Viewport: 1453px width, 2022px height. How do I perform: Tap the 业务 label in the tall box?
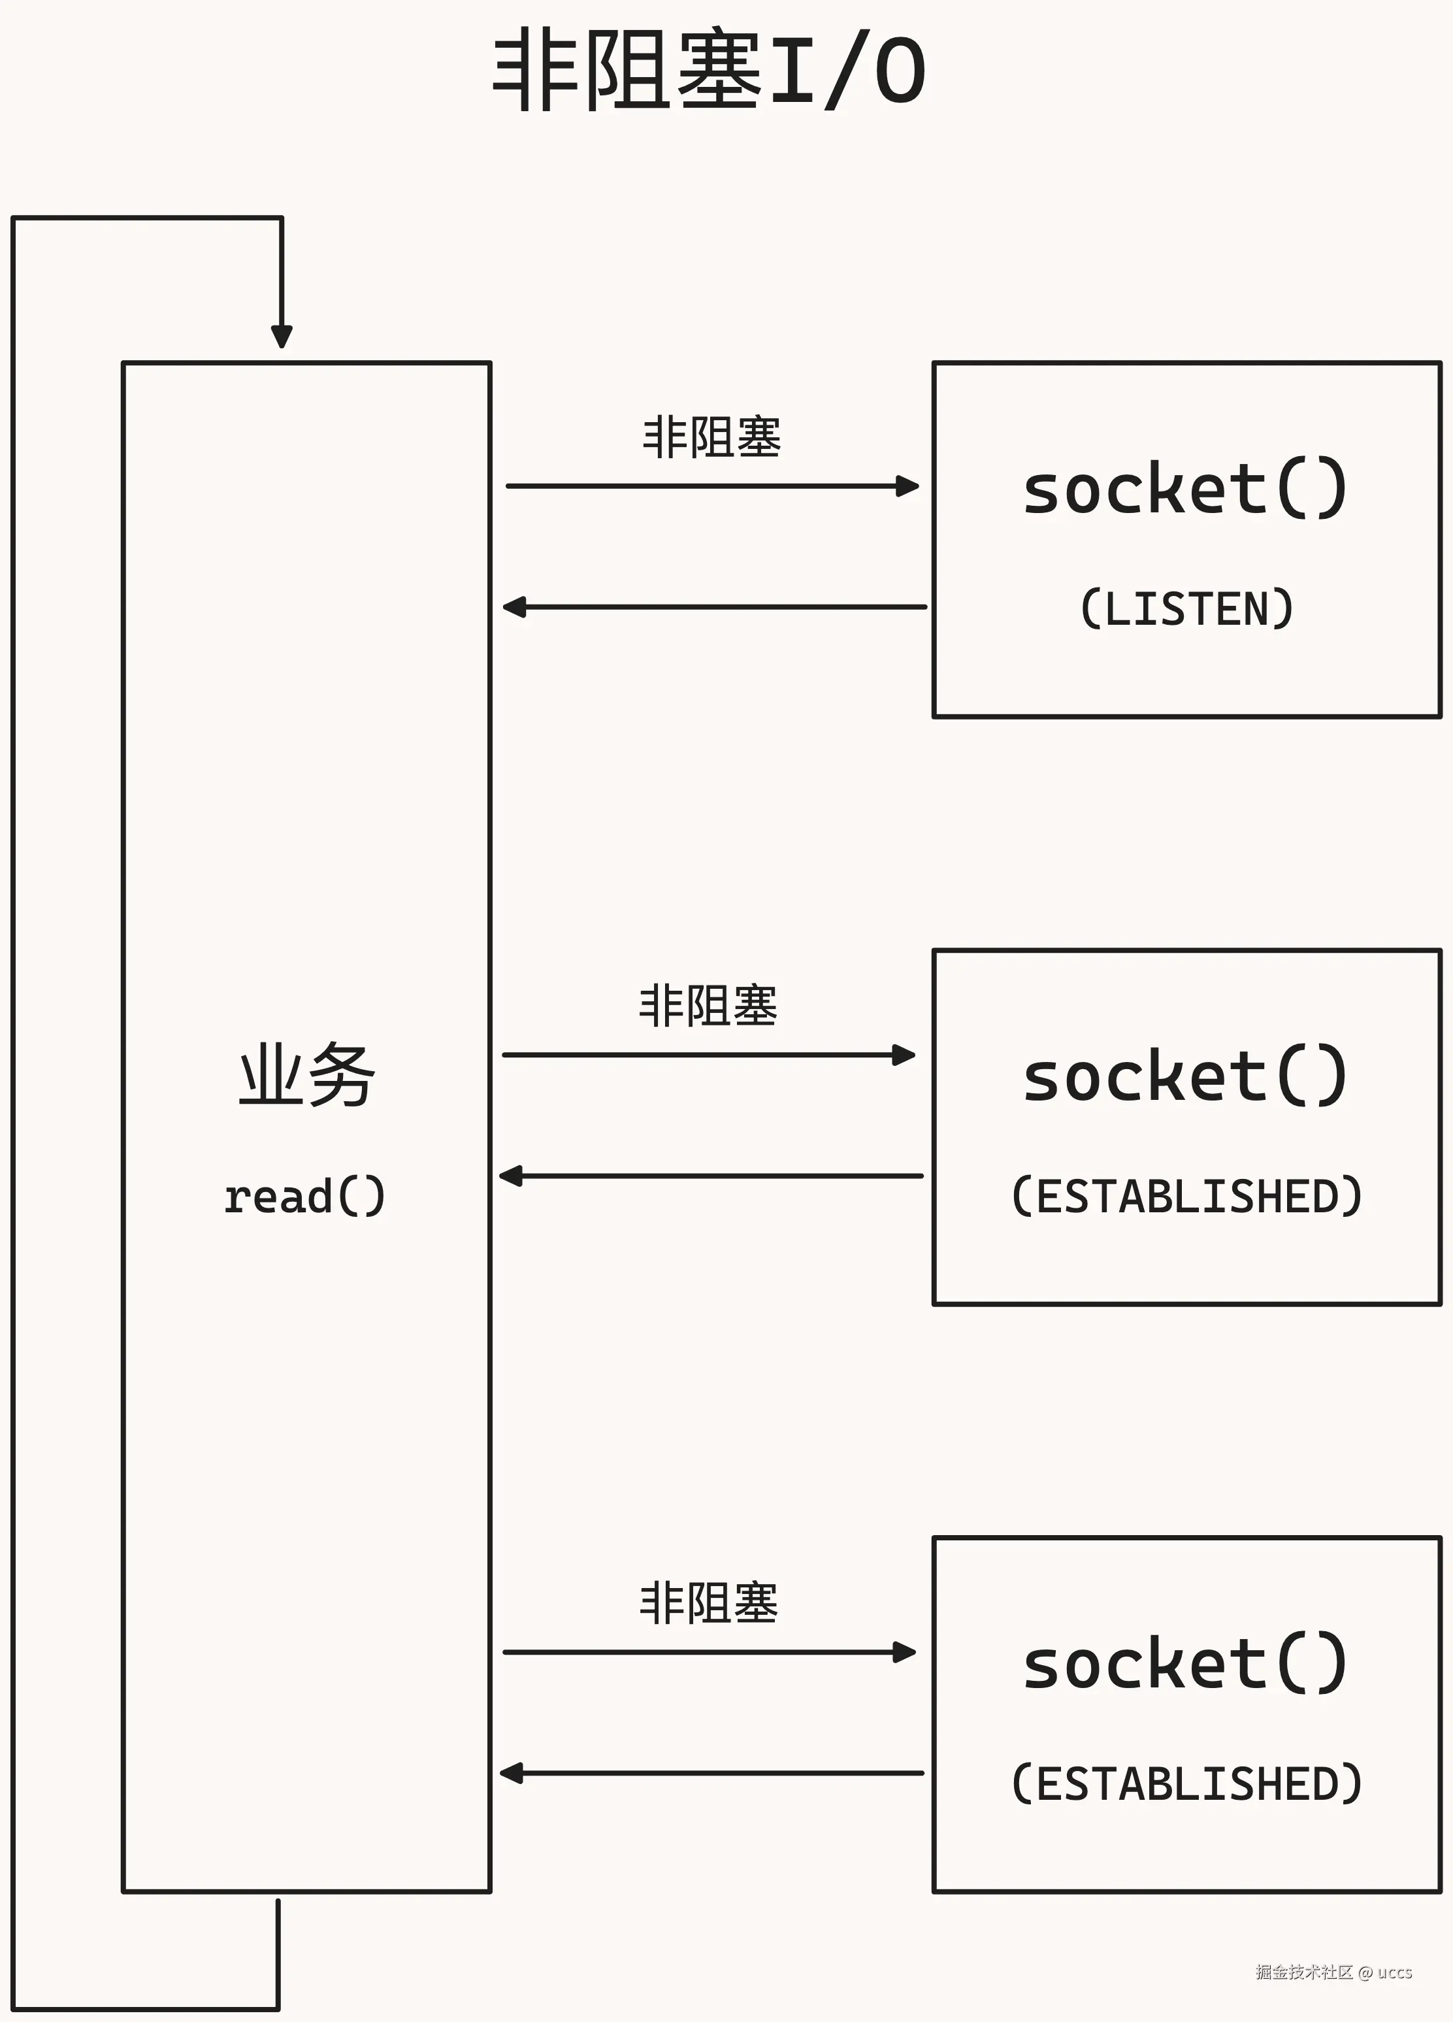pos(308,1075)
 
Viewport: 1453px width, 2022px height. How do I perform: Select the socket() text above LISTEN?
pos(1186,489)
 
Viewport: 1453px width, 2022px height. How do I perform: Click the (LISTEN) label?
pos(1186,609)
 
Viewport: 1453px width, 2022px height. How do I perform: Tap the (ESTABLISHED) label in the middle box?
pos(1186,1197)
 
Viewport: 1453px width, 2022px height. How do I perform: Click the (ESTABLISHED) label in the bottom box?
pos(1186,1784)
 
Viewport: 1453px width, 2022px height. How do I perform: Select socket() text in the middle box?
pos(1186,1076)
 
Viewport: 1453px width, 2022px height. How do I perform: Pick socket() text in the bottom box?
pos(1186,1664)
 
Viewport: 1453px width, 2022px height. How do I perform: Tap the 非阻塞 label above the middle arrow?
pos(708,1006)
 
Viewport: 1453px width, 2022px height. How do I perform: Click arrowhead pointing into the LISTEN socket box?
pos(908,486)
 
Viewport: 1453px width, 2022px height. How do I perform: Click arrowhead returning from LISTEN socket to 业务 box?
pos(514,607)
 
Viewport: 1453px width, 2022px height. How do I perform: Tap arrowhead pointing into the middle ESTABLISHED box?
pos(905,1055)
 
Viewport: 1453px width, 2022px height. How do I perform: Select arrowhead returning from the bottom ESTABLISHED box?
pos(511,1773)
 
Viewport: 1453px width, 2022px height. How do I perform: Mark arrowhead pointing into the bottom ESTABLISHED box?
pos(905,1652)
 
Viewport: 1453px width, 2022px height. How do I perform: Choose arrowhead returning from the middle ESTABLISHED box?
pos(511,1176)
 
